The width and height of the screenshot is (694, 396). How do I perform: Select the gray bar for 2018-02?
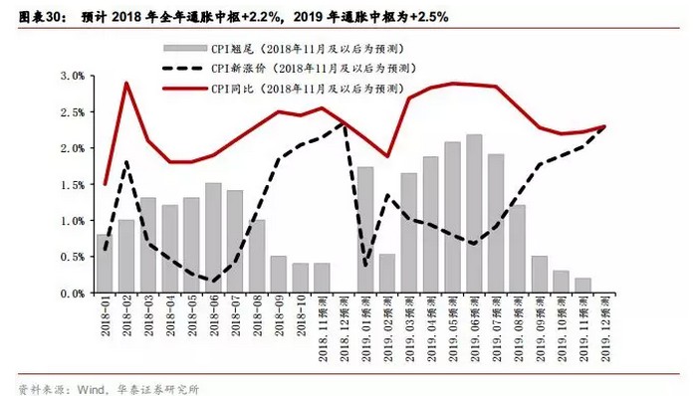[x=126, y=257]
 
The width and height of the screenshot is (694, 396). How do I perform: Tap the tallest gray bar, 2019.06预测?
[x=474, y=214]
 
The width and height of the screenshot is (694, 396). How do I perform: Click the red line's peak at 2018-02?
[x=126, y=83]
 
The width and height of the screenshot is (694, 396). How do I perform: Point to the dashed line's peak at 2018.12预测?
[x=344, y=123]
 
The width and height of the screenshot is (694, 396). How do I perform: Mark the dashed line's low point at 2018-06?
[x=212, y=281]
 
